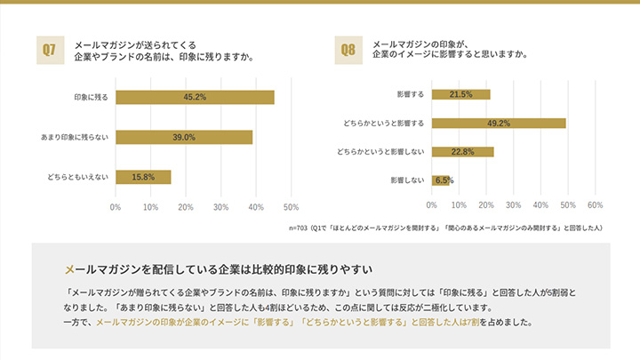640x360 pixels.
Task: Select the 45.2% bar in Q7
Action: (195, 97)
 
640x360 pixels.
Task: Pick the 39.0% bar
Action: (184, 137)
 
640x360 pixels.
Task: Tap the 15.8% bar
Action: (143, 177)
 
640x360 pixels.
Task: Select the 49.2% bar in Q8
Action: (499, 123)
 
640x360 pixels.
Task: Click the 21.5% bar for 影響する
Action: (460, 94)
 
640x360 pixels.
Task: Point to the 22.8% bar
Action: (462, 152)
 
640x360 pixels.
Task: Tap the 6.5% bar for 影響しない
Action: (441, 180)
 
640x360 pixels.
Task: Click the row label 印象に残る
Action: (91, 97)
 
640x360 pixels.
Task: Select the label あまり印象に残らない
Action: (75, 137)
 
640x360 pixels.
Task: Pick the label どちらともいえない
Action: (78, 177)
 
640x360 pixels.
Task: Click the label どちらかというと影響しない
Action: (380, 152)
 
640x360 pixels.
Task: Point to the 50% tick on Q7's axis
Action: (290, 207)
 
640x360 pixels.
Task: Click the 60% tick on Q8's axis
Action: (595, 205)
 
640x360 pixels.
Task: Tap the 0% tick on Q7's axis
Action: (116, 207)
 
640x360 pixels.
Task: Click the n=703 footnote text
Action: (445, 228)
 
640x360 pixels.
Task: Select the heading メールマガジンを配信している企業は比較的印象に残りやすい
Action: (218, 268)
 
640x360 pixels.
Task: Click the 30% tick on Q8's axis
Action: (513, 205)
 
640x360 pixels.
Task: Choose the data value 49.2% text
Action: (498, 123)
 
